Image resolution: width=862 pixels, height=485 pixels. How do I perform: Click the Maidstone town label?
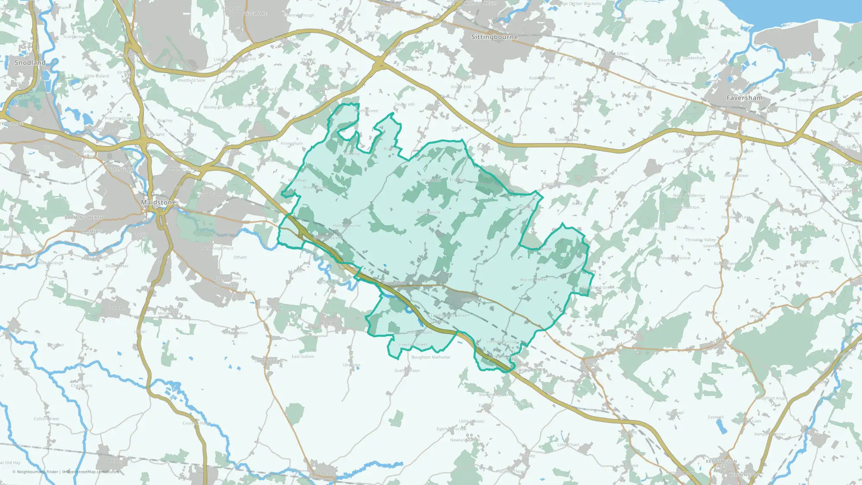(158, 202)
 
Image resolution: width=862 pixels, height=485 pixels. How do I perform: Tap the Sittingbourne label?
(494, 37)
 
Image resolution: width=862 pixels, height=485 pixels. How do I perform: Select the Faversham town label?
(744, 98)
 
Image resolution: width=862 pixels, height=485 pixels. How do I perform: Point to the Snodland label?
(30, 63)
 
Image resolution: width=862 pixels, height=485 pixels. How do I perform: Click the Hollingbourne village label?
(347, 225)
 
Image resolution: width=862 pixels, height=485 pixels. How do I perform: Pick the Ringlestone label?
(428, 212)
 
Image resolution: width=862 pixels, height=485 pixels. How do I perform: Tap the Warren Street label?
(533, 280)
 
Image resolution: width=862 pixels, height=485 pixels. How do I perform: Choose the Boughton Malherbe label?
(431, 357)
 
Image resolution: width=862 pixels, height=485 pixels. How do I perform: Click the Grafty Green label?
(407, 370)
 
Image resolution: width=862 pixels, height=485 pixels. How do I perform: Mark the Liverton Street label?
(412, 344)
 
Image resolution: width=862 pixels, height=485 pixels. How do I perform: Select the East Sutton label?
(303, 357)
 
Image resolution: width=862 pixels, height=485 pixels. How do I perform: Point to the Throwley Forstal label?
(674, 258)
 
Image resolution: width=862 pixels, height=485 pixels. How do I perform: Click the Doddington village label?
(555, 184)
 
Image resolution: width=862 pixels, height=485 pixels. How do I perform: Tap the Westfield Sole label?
(191, 80)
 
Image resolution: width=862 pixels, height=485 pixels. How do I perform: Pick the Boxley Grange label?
(218, 107)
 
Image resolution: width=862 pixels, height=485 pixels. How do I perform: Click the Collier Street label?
(47, 419)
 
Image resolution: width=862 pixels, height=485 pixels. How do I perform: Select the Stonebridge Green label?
(497, 394)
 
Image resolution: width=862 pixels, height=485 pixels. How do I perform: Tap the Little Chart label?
(568, 444)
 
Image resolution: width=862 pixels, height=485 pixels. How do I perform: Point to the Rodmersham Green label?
(516, 89)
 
